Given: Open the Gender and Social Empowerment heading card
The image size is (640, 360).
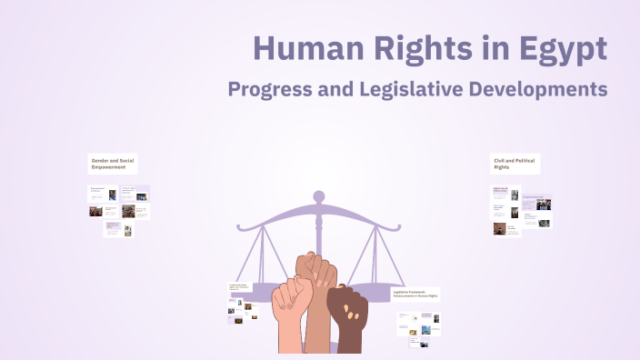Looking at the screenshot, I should coord(113,164).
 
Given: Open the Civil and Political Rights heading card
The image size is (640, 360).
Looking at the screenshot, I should coord(515,164).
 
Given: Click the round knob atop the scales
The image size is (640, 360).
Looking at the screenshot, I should coord(318,195).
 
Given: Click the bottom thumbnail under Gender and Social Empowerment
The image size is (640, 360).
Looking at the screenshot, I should coord(113,228).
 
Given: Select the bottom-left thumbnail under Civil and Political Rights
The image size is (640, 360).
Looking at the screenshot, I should coord(500,229).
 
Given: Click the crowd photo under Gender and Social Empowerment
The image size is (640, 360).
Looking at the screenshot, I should coord(128,211).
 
